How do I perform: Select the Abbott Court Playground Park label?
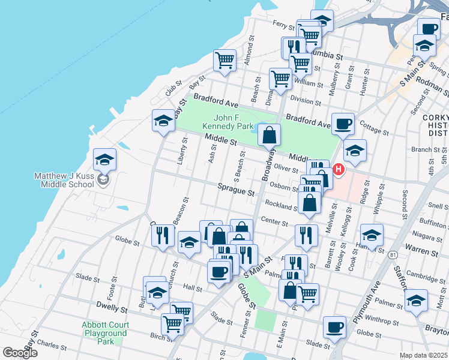point(105,332)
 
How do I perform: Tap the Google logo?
point(20,353)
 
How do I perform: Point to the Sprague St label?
point(236,192)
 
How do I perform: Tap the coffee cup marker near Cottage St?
point(343,124)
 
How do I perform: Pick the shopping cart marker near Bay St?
point(224,60)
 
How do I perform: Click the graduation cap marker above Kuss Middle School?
point(104,160)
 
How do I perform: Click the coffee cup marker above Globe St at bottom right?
point(334,328)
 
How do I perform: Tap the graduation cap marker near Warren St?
point(372,236)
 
